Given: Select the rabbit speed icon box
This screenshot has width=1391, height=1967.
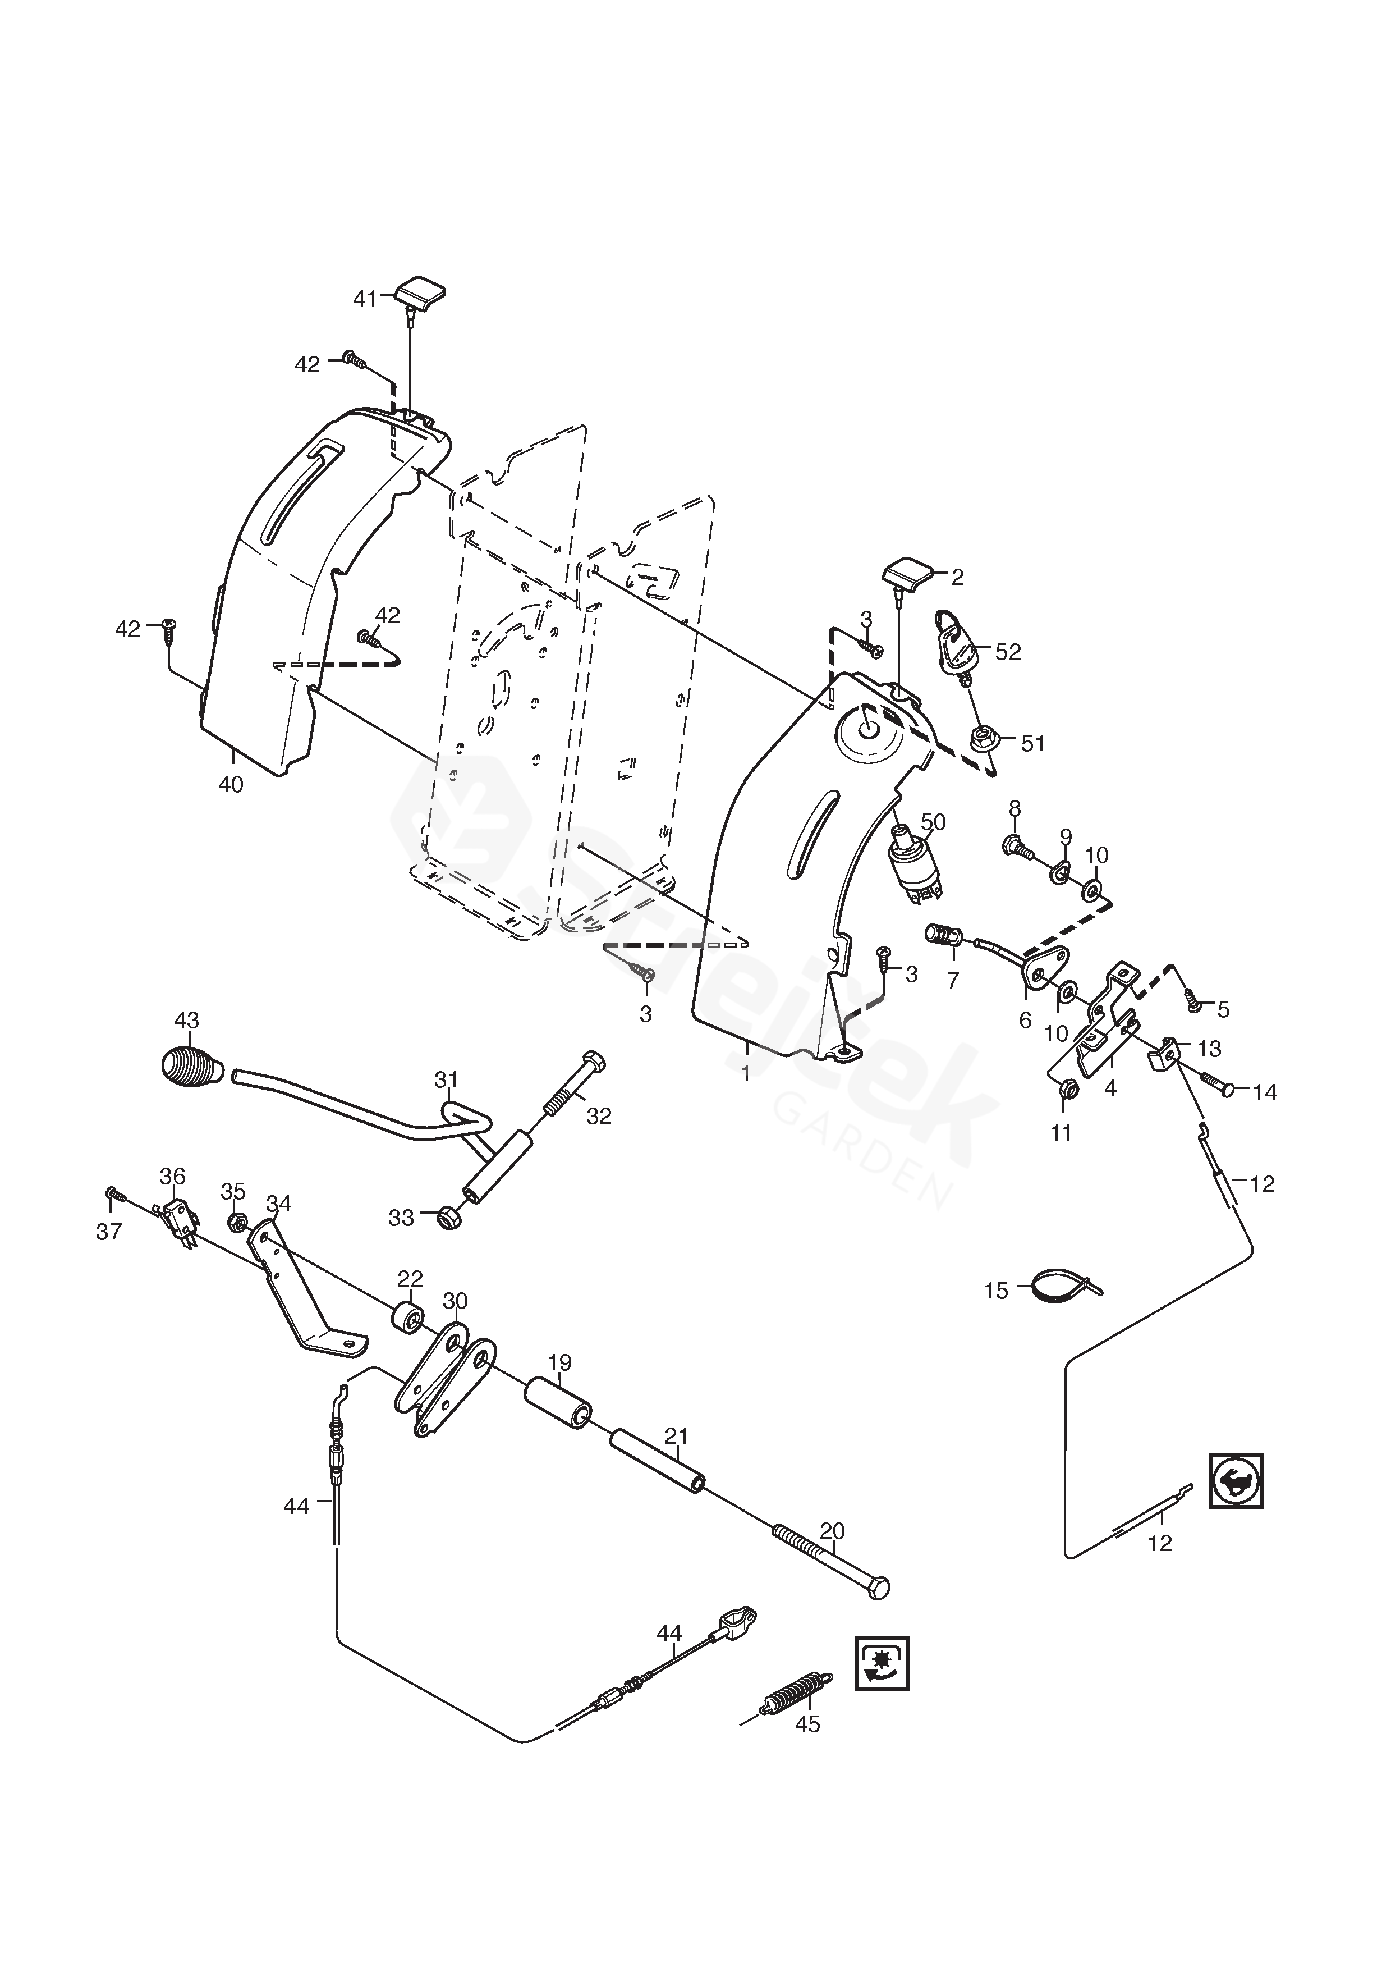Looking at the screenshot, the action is coord(1236,1480).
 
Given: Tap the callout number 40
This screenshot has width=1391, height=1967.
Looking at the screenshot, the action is coord(231,784).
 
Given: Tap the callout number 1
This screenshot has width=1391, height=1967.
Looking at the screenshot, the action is coord(746,1073).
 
